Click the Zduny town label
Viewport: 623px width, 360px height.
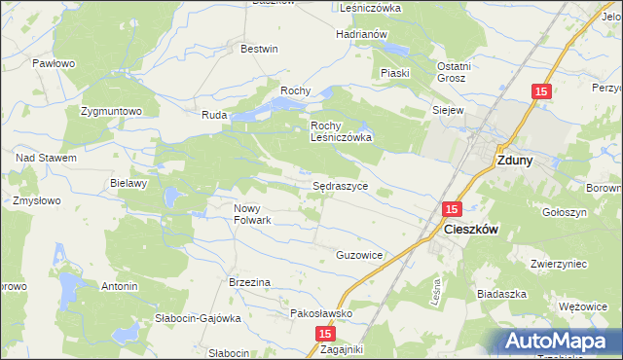pyautogui.click(x=513, y=162)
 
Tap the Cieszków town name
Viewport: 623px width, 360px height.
pyautogui.click(x=471, y=230)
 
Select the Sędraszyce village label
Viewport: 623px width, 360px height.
pyautogui.click(x=340, y=184)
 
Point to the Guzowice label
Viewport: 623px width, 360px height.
pyautogui.click(x=359, y=255)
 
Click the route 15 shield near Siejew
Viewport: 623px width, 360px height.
pyautogui.click(x=541, y=91)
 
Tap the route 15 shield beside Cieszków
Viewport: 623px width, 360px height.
pyautogui.click(x=451, y=208)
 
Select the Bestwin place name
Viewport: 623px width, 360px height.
pyautogui.click(x=259, y=49)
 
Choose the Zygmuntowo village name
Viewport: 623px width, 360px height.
pyautogui.click(x=112, y=111)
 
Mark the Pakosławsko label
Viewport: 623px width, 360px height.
pyautogui.click(x=321, y=313)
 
